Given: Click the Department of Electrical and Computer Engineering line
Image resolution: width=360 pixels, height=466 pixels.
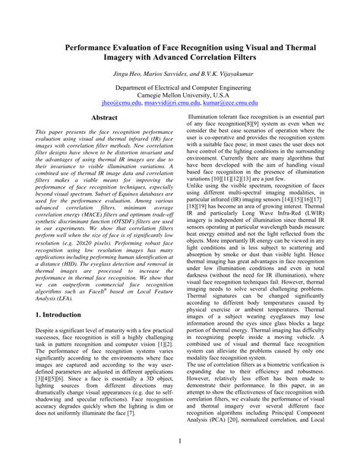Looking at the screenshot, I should pyautogui.click(x=180, y=89).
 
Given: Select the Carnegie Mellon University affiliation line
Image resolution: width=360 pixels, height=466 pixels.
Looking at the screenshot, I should pyautogui.click(x=180, y=97).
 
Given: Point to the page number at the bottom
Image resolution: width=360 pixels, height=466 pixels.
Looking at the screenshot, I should pyautogui.click(x=180, y=442).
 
